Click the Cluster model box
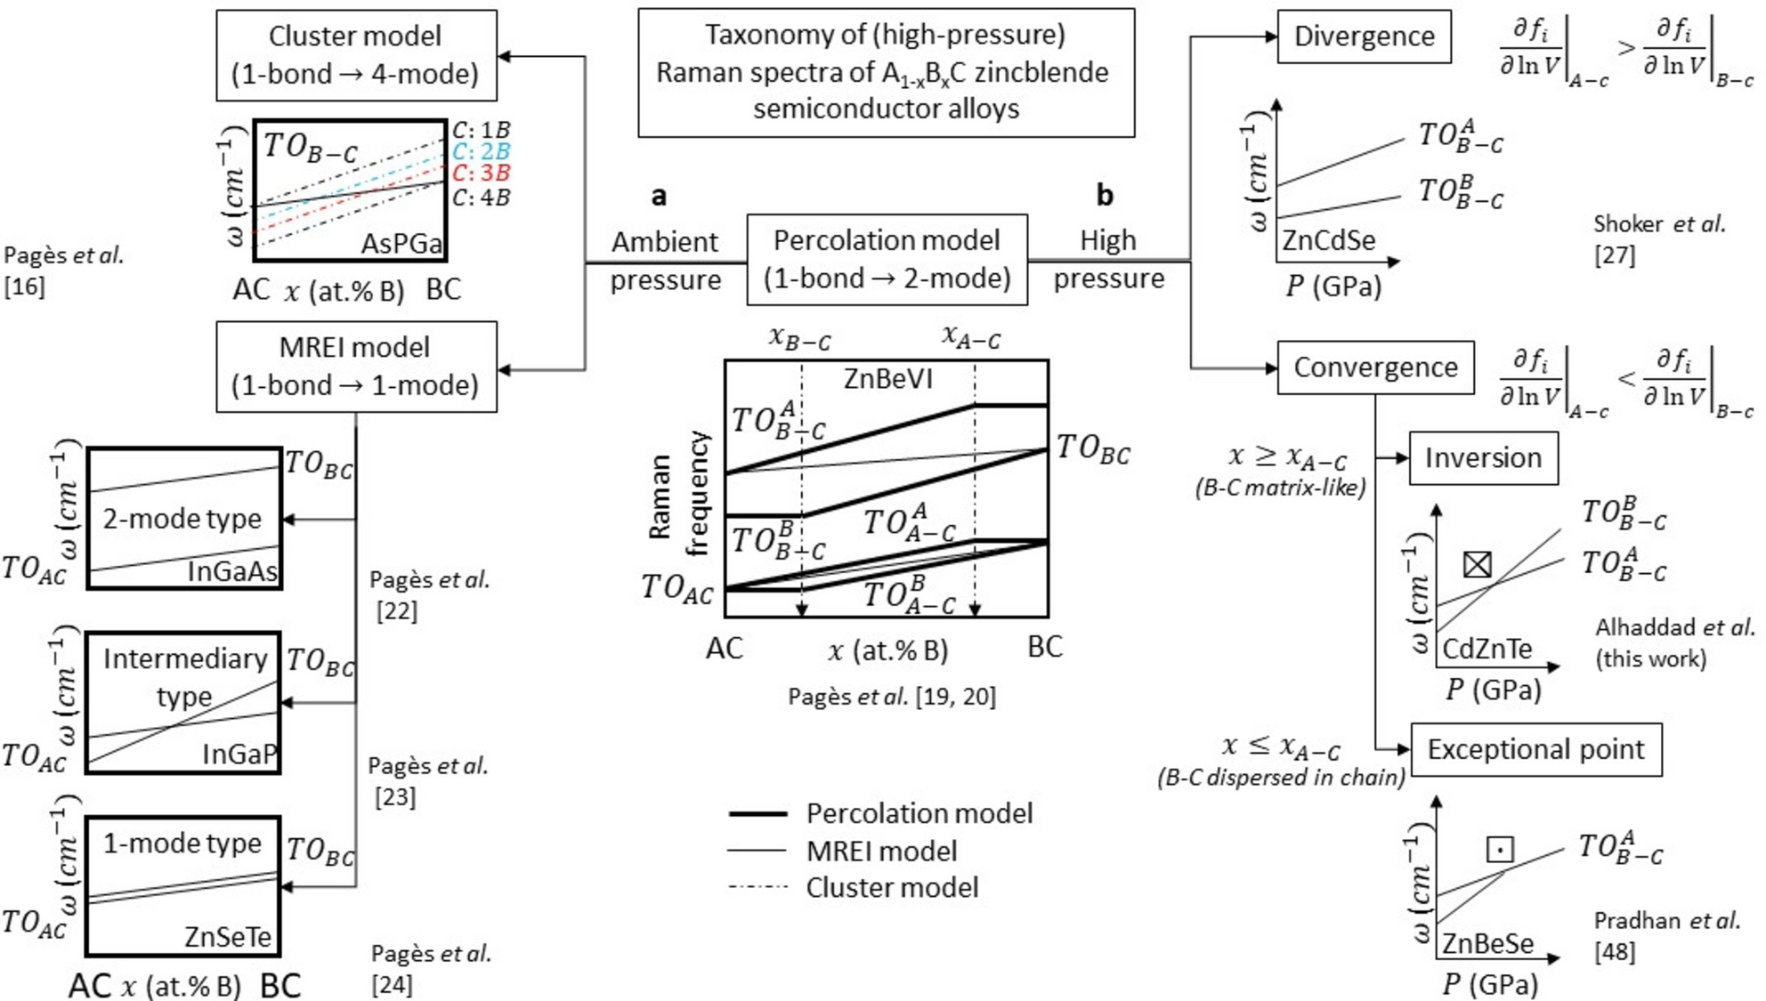[x=356, y=55]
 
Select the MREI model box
[x=356, y=367]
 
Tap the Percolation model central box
[x=887, y=260]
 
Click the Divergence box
[x=1364, y=36]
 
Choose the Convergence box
[x=1375, y=367]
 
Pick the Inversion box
[x=1483, y=458]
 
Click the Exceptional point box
[x=1535, y=749]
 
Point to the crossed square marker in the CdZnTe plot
[x=1478, y=564]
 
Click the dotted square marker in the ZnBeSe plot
[x=1500, y=849]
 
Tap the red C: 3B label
[x=481, y=173]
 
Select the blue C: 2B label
[x=481, y=151]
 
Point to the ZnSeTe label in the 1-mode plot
[x=228, y=936]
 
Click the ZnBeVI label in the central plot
[x=887, y=379]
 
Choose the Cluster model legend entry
[x=892, y=887]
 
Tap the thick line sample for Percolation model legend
[x=757, y=813]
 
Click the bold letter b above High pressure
[x=1104, y=195]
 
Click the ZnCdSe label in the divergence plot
[x=1328, y=240]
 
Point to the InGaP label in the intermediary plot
[x=239, y=755]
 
